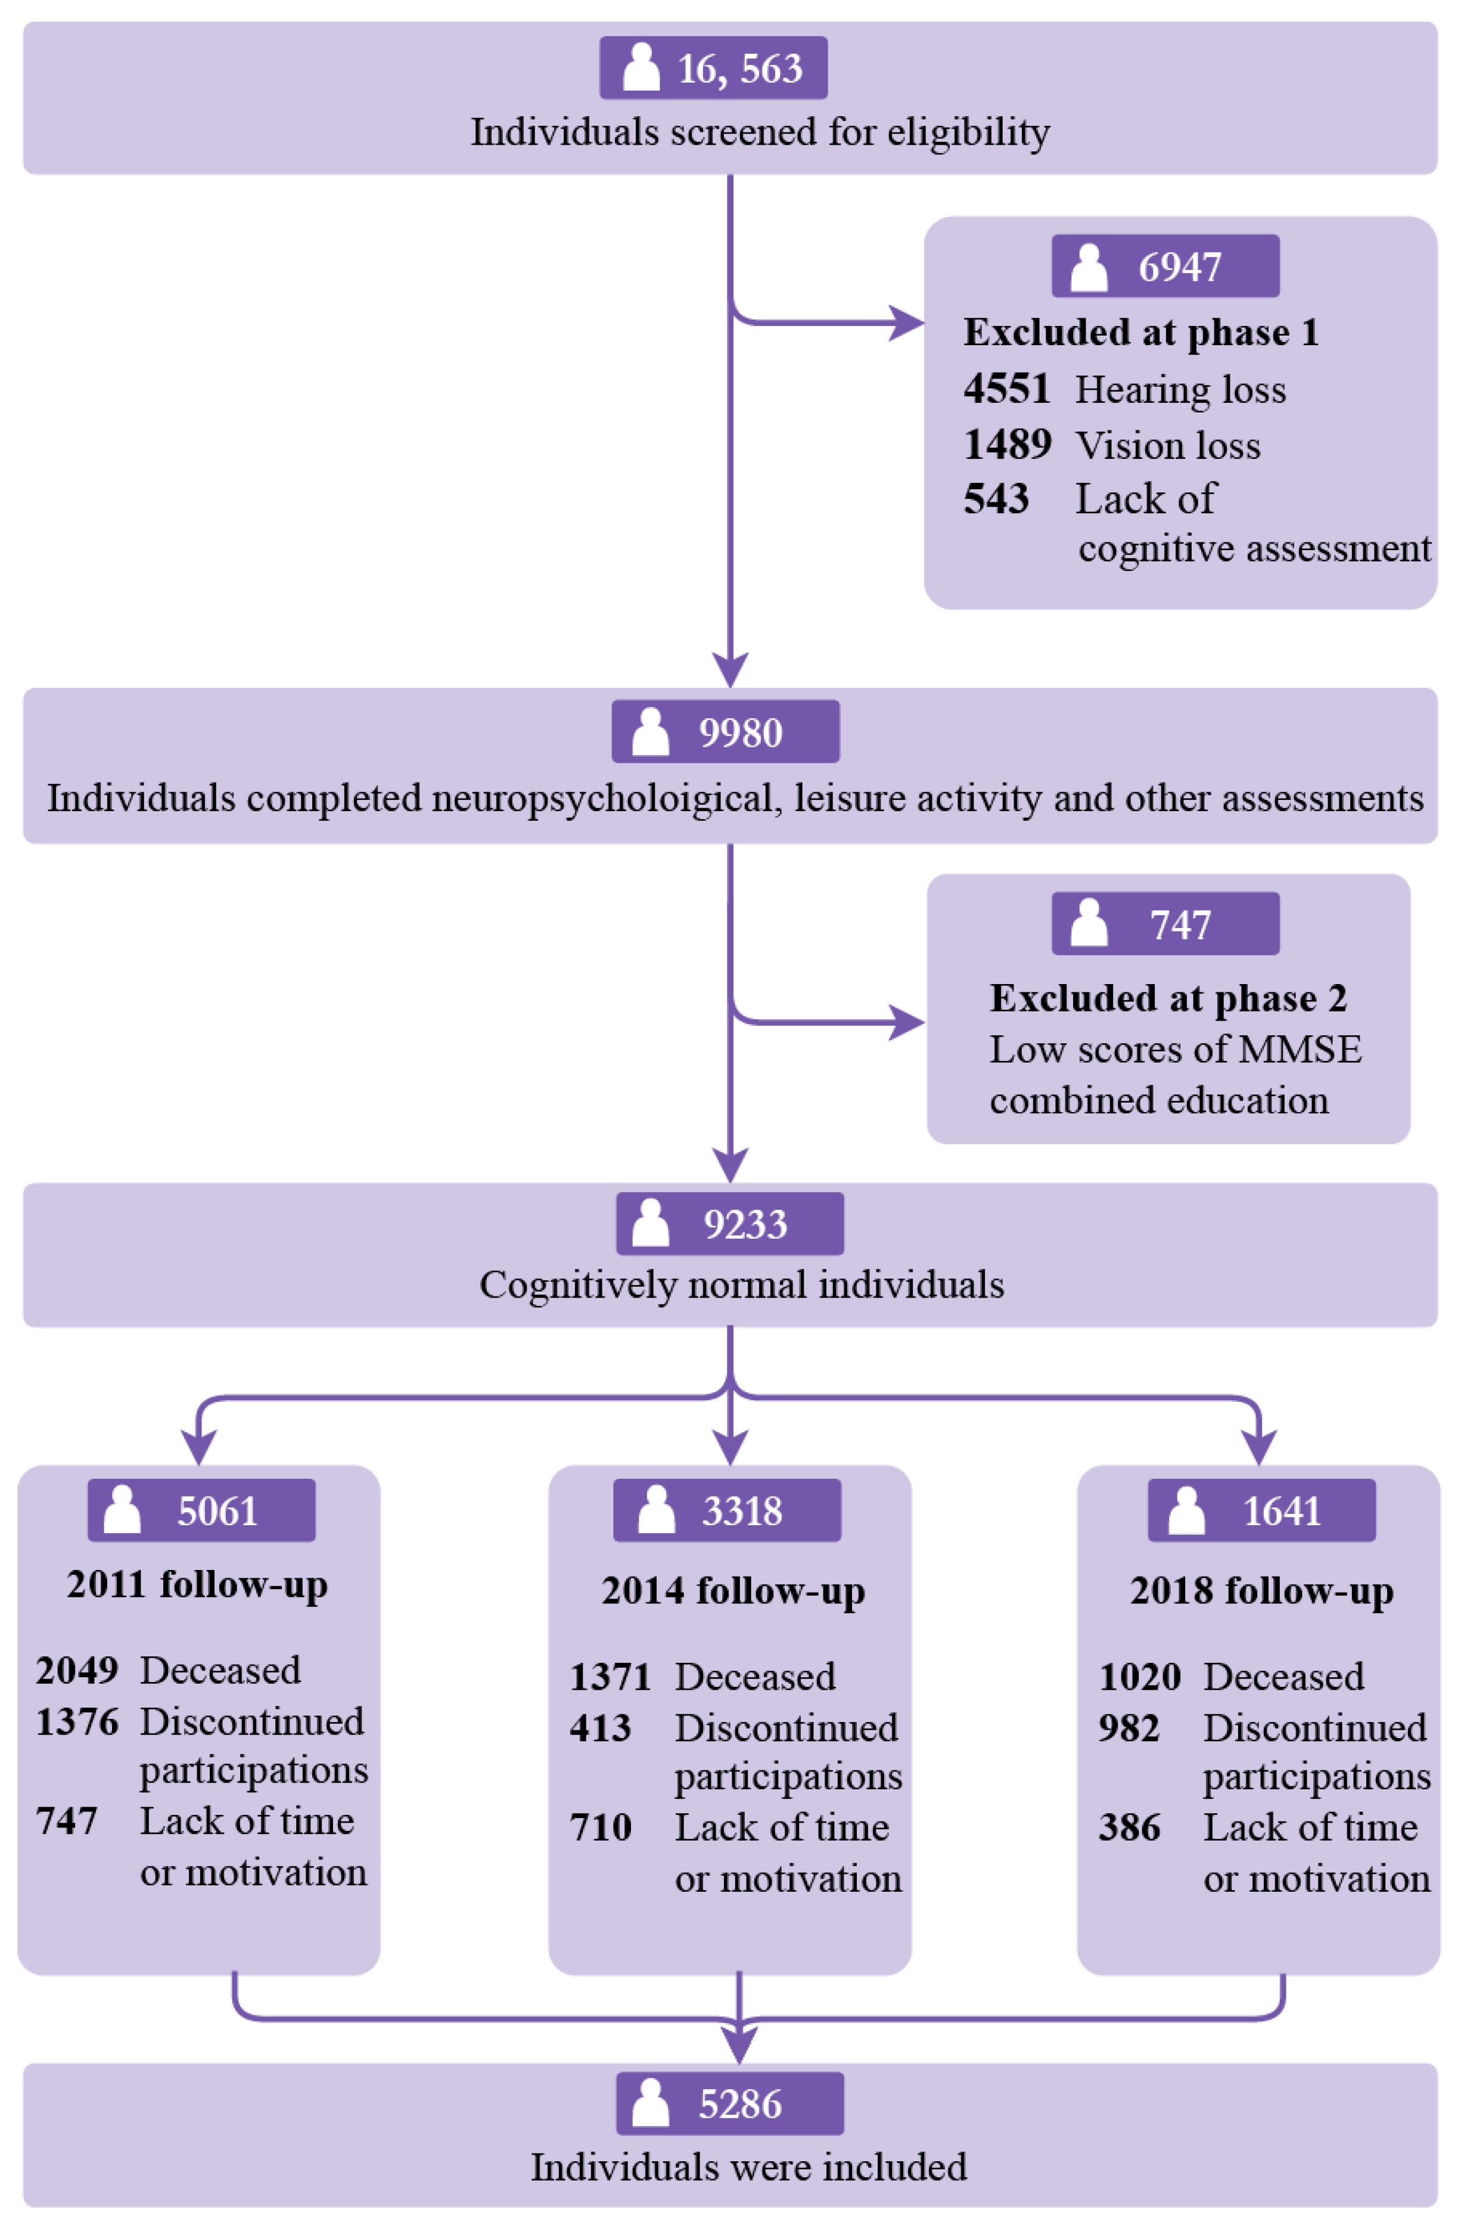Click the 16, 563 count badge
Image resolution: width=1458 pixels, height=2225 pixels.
point(713,68)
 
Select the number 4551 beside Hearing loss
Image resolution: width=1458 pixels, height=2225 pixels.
point(1006,389)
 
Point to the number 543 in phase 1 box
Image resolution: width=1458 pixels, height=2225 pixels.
point(996,499)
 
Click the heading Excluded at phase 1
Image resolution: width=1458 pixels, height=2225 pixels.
point(1141,333)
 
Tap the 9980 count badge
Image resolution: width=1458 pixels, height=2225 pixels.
point(725,732)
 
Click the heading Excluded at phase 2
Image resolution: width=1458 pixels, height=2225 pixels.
point(1168,998)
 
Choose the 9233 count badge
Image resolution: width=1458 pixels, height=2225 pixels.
point(729,1224)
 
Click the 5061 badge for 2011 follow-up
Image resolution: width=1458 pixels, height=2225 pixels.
point(201,1511)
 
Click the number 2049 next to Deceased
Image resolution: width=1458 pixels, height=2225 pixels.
point(77,1671)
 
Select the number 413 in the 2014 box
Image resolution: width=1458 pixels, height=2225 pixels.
point(600,1729)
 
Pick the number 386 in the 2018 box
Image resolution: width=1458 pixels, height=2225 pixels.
point(1129,1827)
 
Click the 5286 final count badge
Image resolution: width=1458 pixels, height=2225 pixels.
point(729,2105)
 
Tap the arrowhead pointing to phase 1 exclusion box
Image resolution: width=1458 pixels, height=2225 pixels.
point(904,324)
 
